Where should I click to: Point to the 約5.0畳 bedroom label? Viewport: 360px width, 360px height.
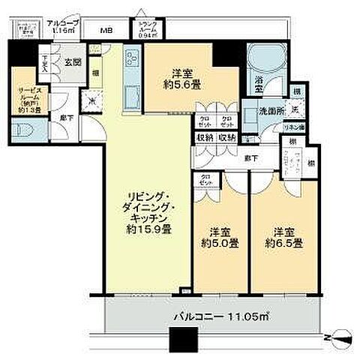tap(218, 237)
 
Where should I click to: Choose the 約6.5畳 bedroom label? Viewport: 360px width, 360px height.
tap(287, 237)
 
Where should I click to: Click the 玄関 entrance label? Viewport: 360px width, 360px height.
tap(72, 62)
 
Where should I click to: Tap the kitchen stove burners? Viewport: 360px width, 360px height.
tap(131, 58)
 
